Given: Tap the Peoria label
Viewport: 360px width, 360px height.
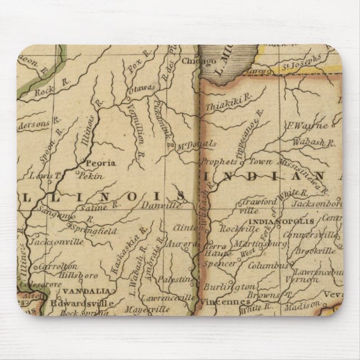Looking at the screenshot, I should pyautogui.click(x=100, y=163).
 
